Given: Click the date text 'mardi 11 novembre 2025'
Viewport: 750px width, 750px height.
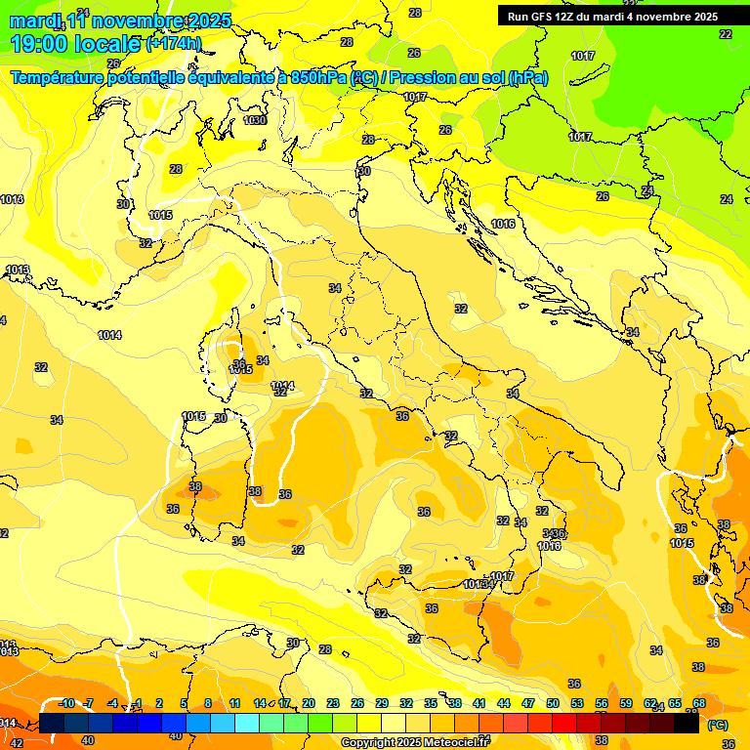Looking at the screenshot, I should point(120,21).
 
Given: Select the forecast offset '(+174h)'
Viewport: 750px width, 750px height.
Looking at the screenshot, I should point(173,44).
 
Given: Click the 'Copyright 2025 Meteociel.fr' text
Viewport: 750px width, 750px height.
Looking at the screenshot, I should point(415,742).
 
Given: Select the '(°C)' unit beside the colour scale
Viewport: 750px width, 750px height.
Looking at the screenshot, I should point(717,725).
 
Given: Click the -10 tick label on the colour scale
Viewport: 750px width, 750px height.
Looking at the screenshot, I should point(66,704).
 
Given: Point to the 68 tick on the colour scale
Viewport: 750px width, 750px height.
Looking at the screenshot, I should point(699,704).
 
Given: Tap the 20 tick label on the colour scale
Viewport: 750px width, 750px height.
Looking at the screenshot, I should point(309,704).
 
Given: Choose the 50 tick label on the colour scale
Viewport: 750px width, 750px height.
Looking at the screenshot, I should point(553,704).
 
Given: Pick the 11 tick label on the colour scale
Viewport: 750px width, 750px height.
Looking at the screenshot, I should point(235,704).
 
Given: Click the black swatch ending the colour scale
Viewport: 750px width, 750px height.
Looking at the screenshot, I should point(687,724).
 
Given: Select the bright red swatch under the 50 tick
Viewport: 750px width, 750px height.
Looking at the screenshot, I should point(564,724).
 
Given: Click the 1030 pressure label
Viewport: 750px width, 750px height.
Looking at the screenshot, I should point(255,120).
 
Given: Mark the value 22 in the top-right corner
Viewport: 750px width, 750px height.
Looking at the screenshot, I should point(725,34).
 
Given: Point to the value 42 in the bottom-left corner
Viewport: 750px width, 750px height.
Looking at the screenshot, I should point(16,743).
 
